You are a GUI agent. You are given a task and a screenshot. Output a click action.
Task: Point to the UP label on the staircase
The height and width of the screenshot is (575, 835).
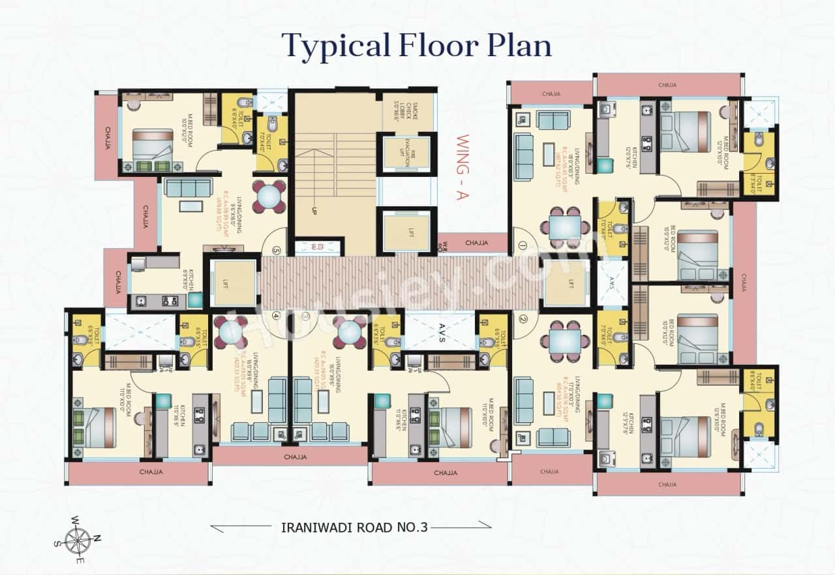pos(314,211)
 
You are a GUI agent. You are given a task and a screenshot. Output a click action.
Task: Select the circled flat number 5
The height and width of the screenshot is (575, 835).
pos(277,250)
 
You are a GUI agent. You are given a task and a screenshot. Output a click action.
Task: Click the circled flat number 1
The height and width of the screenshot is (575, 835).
pos(522,246)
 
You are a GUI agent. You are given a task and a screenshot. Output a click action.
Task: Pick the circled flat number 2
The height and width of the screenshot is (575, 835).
pos(523,319)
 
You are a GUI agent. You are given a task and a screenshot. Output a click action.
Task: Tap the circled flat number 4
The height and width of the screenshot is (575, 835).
pos(277,315)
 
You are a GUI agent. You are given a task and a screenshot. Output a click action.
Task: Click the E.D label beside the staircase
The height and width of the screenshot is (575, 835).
pos(318,247)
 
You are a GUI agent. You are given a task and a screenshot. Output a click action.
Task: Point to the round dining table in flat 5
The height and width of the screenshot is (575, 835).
pos(268,195)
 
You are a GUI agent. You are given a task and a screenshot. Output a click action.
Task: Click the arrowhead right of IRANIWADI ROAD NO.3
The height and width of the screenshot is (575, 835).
pos(485,523)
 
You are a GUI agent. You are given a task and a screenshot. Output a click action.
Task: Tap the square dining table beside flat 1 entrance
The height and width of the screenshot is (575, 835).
pos(561,228)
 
